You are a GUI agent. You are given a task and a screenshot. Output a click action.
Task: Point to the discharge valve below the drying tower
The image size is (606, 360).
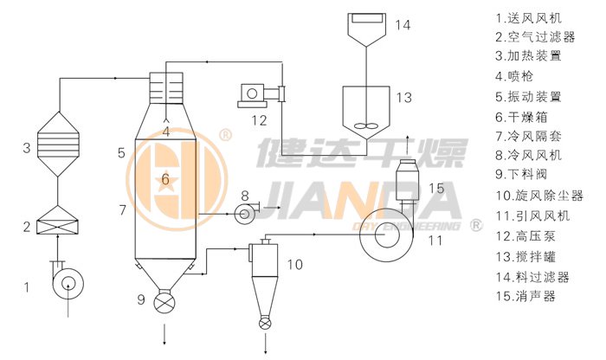164,304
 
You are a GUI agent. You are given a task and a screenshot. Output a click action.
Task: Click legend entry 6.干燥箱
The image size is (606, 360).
525,115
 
